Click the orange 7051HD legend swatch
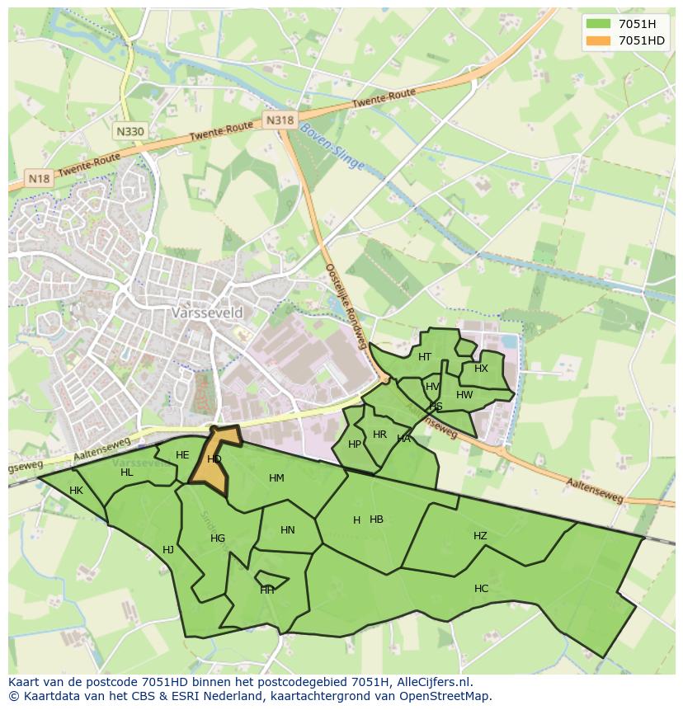pyautogui.click(x=599, y=40)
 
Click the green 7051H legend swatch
pyautogui.click(x=599, y=23)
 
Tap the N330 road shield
pyautogui.click(x=130, y=131)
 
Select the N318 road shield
pyautogui.click(x=280, y=120)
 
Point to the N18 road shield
pyautogui.click(x=39, y=178)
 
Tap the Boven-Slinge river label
pyautogui.click(x=332, y=147)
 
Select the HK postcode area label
pyautogui.click(x=76, y=491)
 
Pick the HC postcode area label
pyautogui.click(x=481, y=589)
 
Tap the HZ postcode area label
pyautogui.click(x=480, y=536)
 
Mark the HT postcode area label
pyautogui.click(x=425, y=357)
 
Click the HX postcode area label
pyautogui.click(x=481, y=369)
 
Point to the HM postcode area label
pyautogui.click(x=276, y=478)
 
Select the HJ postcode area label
pyautogui.click(x=168, y=550)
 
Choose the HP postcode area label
pyautogui.click(x=355, y=444)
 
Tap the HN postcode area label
pyautogui.click(x=287, y=530)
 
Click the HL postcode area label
pyautogui.click(x=126, y=473)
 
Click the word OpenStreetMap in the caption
pyautogui.click(x=443, y=696)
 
